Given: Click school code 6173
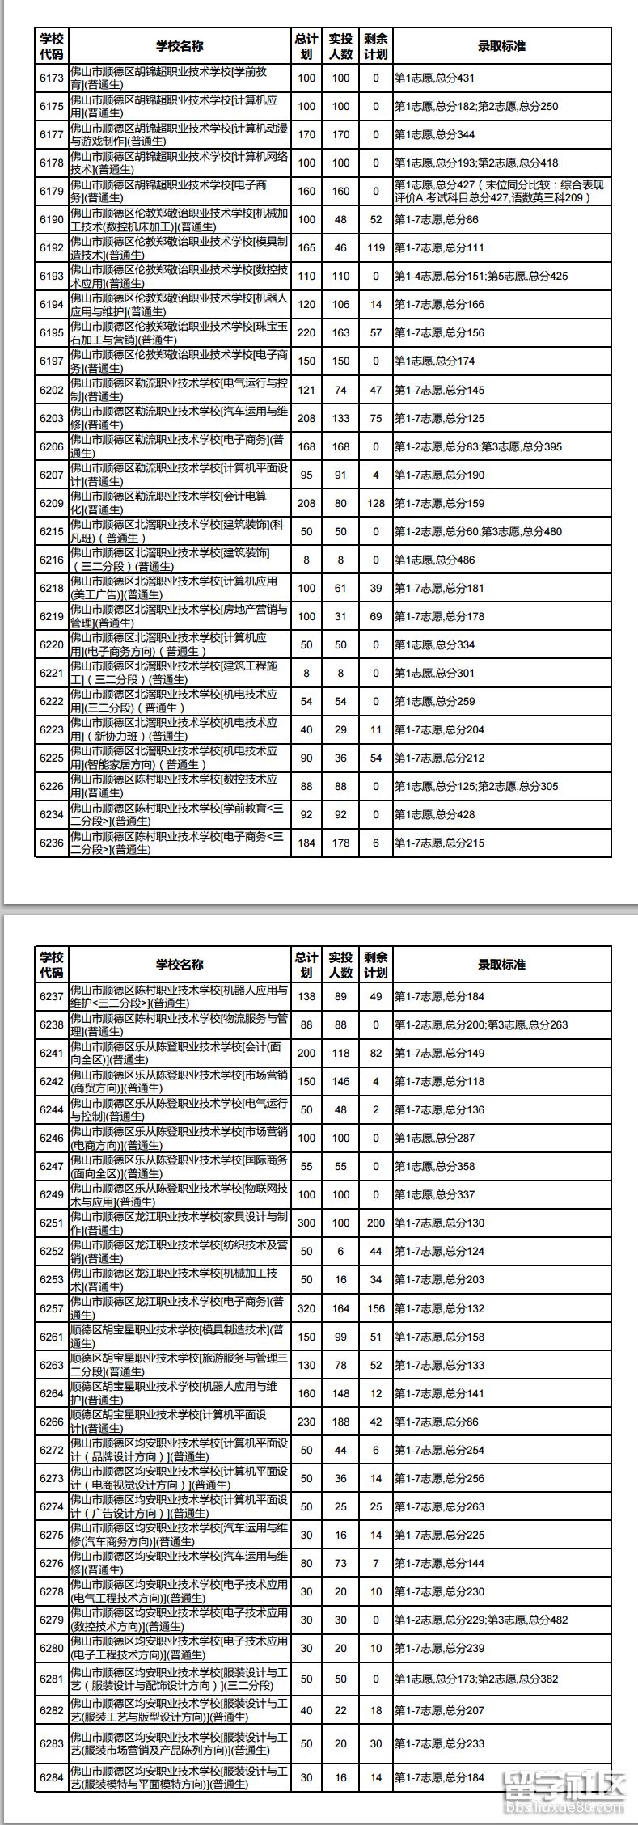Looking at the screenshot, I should click(51, 78).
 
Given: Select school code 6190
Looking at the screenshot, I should click(51, 220).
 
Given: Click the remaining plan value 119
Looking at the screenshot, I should click(375, 248).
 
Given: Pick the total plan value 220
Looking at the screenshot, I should click(306, 333).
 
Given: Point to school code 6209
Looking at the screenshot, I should click(51, 503).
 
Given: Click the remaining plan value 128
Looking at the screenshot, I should click(375, 503).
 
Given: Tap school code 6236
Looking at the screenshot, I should click(51, 843).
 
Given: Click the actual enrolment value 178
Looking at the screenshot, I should click(340, 843).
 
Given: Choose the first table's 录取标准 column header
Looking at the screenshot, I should click(501, 46).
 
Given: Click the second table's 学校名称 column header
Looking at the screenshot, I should click(180, 964).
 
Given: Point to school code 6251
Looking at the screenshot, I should click(51, 1223).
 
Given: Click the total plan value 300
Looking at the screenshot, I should click(306, 1223).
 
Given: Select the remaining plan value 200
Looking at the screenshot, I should click(375, 1223).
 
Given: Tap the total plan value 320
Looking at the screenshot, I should click(306, 1308).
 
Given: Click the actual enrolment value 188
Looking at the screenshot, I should click(340, 1422).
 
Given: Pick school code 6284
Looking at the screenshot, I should click(51, 1777).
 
